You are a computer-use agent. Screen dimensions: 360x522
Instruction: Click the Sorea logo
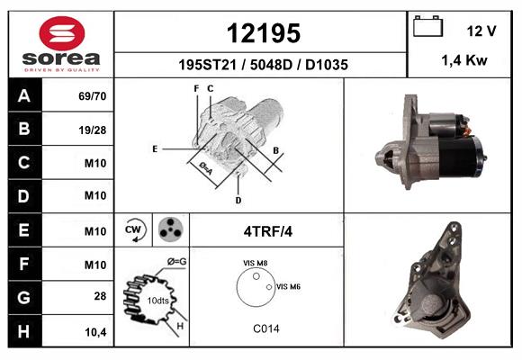click(x=61, y=43)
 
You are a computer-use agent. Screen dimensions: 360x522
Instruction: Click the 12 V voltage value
click(x=481, y=31)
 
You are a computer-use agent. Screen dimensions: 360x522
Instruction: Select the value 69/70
click(x=94, y=96)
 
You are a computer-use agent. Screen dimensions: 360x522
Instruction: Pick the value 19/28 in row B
click(x=94, y=130)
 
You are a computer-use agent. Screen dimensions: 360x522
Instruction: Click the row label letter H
click(x=23, y=330)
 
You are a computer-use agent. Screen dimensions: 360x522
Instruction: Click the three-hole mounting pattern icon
click(x=168, y=230)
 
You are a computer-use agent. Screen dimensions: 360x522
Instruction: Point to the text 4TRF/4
click(x=266, y=231)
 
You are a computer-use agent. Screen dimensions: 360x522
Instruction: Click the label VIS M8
click(x=256, y=263)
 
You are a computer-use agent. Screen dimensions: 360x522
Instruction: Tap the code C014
click(x=265, y=328)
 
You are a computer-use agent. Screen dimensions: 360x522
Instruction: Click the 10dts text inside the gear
click(x=157, y=300)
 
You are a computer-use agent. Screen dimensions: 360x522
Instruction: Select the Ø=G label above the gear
click(x=176, y=262)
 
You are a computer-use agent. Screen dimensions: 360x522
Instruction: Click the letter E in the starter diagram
click(x=155, y=148)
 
